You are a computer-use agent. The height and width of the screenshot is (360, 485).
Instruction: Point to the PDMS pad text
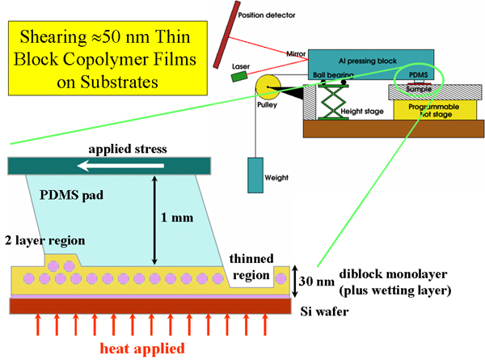tap(65, 195)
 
